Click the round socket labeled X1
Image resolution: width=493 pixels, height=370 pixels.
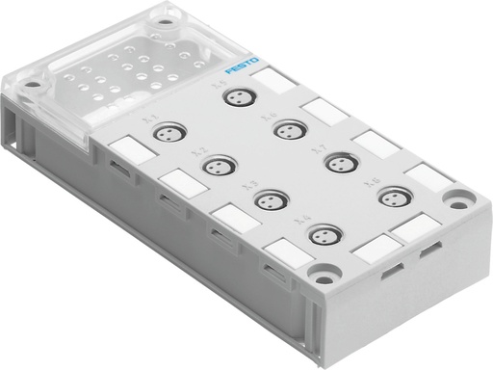(x=169, y=132)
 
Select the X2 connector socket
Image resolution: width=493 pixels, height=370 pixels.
(x=217, y=166)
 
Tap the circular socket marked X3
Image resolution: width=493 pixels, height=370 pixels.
(x=266, y=199)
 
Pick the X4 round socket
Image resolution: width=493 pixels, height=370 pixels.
(x=319, y=234)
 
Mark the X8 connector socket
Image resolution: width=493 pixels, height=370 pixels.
(x=389, y=196)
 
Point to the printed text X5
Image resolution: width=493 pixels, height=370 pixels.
(x=216, y=86)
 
